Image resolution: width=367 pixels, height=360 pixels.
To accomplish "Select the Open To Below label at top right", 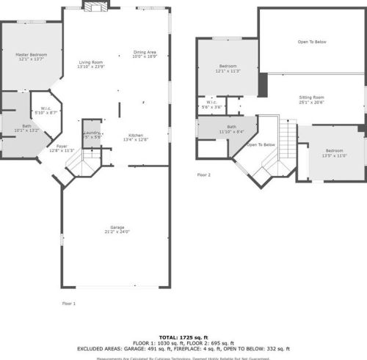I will (x=312, y=42).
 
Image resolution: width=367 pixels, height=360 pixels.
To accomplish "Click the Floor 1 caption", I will (x=68, y=302).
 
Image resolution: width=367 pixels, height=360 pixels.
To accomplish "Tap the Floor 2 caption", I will (x=203, y=175).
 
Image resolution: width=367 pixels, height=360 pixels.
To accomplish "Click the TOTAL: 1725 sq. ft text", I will (x=183, y=335).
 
